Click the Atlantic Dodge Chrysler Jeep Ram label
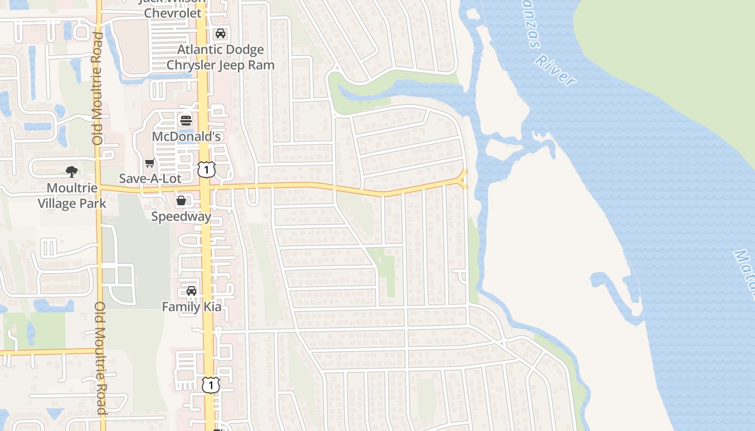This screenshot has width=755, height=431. pos(221,57)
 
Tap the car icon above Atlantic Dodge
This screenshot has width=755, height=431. pos(221,34)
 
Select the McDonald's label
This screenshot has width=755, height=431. pos(186,136)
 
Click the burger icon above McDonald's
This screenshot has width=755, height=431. pos(186,119)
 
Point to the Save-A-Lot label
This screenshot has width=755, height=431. pos(150,178)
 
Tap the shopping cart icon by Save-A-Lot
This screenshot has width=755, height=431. pos(150,163)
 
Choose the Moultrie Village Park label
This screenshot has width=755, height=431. pos(72,196)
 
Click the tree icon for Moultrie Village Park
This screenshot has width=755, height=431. pos(72,172)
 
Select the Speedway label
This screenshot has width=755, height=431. pos(181,217)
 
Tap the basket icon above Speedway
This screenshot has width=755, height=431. pos(181,200)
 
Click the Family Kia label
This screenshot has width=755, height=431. pos(192,307)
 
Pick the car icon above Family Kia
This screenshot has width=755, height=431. pos(191,291)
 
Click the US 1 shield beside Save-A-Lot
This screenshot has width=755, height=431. pos(207,169)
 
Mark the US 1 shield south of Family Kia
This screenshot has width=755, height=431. pos(211,384)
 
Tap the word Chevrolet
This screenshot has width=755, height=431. pos(173,12)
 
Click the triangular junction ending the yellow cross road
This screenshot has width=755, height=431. pos(463,179)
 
